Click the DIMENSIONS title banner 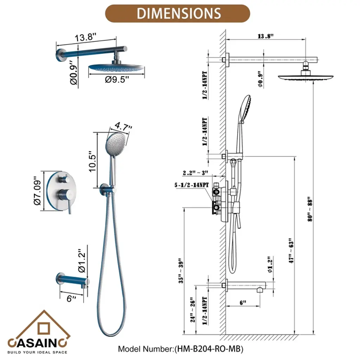178,14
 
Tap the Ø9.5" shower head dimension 117,79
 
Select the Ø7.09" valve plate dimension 37,191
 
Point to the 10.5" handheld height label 92,161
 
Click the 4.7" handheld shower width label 123,127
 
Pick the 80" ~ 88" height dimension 310,209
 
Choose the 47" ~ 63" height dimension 291,251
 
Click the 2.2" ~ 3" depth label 195,173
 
